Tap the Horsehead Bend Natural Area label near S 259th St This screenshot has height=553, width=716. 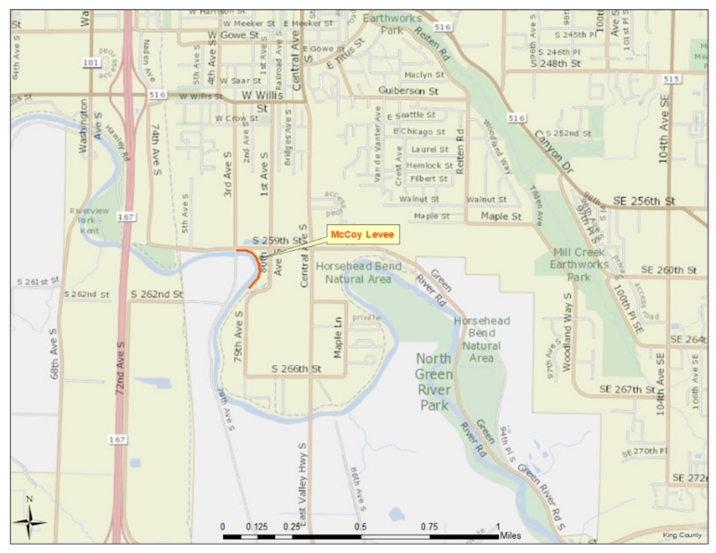354,270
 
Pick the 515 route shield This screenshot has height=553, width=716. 671,79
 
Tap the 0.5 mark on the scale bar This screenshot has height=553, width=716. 360,525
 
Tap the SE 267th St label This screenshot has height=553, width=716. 630,388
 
